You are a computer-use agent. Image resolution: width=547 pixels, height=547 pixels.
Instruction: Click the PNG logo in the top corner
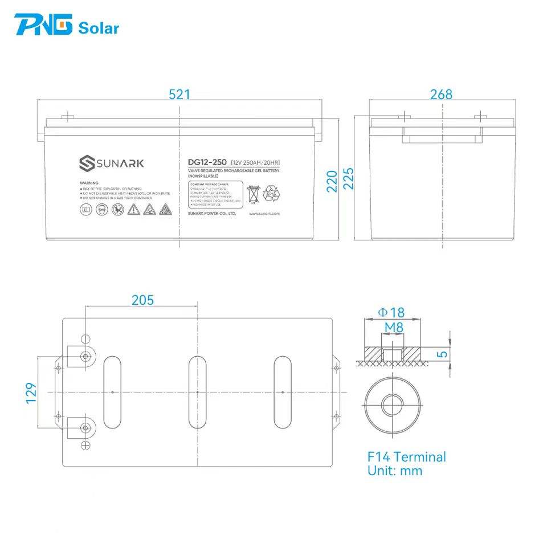point(43,26)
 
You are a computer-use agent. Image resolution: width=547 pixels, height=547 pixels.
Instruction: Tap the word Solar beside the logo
point(99,28)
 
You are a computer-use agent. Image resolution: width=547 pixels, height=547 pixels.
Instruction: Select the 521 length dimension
point(179,95)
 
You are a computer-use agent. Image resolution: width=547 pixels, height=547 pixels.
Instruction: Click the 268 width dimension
point(441,95)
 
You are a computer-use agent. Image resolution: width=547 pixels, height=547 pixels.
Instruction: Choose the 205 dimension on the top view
point(142,300)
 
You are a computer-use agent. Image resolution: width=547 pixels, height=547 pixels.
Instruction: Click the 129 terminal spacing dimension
point(31,393)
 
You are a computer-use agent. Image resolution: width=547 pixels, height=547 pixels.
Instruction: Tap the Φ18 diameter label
point(391,312)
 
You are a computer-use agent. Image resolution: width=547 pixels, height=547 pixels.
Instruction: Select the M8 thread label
point(394,327)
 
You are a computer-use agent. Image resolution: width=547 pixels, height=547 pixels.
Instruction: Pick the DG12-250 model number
point(207,162)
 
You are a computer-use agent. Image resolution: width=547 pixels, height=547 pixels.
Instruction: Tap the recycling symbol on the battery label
point(271,194)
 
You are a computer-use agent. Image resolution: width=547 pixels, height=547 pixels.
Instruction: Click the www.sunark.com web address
point(264,214)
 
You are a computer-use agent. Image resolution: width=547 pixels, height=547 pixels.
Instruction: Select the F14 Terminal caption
point(406,457)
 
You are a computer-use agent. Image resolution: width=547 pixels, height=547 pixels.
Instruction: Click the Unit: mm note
point(395,471)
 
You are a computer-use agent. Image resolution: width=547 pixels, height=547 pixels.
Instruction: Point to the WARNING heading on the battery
point(90,183)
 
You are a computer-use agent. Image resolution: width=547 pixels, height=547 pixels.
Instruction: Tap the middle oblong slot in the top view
point(197,392)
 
